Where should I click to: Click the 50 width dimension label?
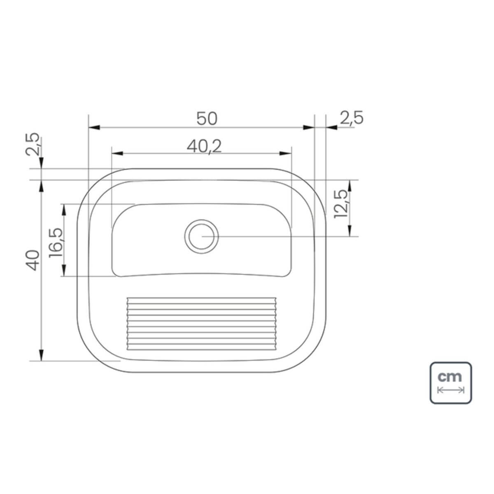[x=207, y=119]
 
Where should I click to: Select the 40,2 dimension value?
[x=204, y=147]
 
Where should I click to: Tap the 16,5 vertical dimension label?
[x=56, y=242]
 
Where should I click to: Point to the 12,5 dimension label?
[x=341, y=204]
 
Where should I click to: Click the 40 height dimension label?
[x=33, y=261]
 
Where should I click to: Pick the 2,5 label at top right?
[x=352, y=118]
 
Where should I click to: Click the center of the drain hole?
[x=201, y=236]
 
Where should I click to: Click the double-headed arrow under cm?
[x=451, y=390]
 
